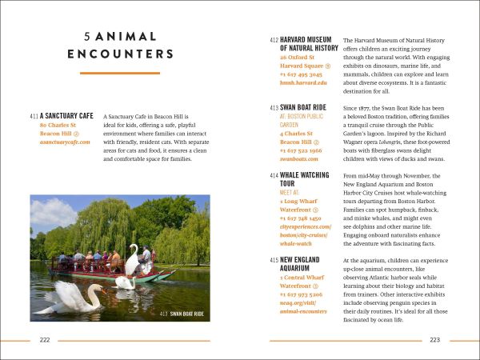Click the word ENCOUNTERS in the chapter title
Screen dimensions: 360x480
[121, 54]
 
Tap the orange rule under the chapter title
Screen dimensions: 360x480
[120, 74]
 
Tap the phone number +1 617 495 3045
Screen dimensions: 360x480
[301, 74]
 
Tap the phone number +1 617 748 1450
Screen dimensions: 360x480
[301, 218]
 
